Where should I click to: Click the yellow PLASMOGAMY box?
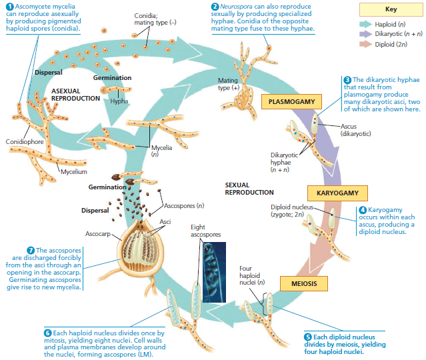291,101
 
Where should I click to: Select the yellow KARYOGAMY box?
337,193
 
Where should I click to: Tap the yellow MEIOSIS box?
304,283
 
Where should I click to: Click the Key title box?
391,9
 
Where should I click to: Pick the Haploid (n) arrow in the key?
366,24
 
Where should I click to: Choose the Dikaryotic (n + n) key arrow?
366,34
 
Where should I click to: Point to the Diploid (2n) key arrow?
366,44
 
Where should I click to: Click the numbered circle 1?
10,7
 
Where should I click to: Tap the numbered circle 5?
308,337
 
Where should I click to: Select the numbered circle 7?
31,250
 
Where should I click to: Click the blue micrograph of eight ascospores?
215,272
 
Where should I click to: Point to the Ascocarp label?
98,233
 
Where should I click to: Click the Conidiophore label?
25,141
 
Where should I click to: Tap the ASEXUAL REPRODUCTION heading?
75,95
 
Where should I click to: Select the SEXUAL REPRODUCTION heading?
249,189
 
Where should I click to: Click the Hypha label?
119,101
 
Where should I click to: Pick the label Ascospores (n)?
184,206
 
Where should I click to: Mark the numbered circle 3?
347,80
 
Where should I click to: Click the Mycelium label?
74,172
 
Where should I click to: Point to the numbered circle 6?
47,333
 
